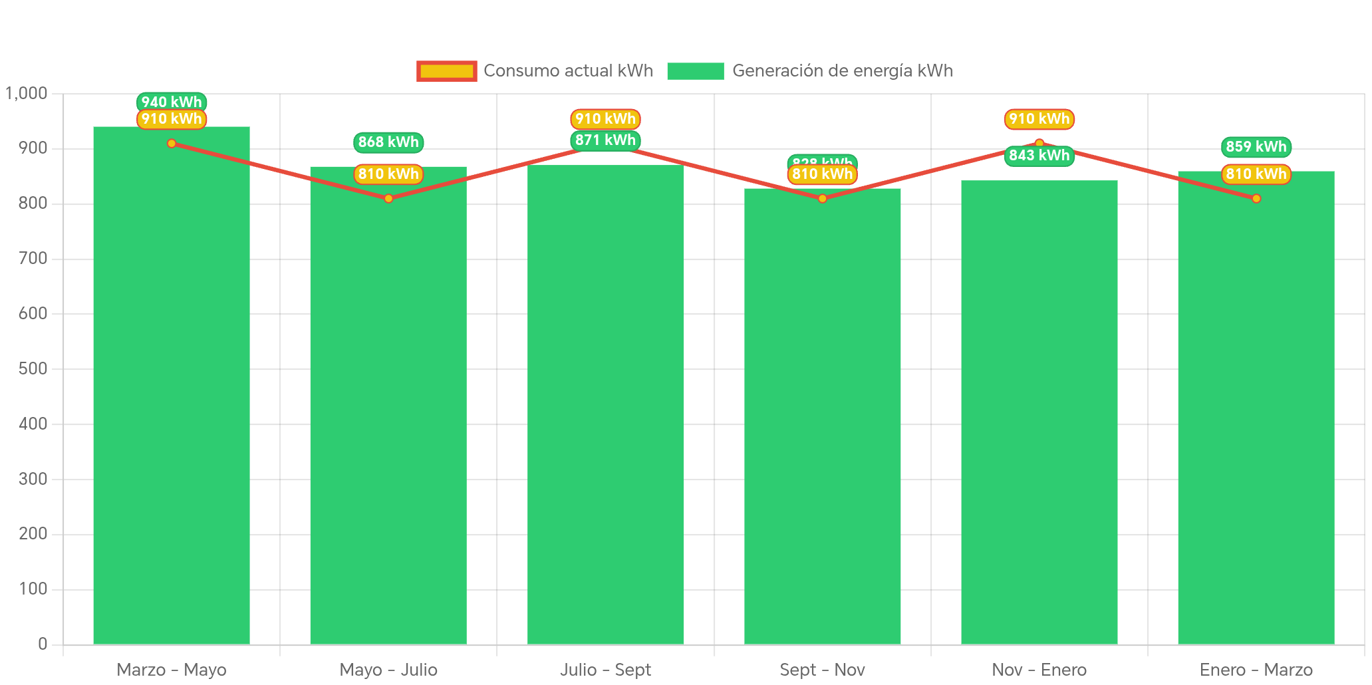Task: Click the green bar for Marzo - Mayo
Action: [x=172, y=386]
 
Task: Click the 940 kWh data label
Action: [x=172, y=101]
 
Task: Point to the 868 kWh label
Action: [x=388, y=142]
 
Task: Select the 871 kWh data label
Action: [x=605, y=140]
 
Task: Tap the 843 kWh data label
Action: [x=1039, y=156]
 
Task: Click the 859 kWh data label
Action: [x=1256, y=146]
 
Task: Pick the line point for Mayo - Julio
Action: [x=388, y=198]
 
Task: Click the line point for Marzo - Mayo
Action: [x=172, y=143]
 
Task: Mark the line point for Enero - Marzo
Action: [x=1256, y=198]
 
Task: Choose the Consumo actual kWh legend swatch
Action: [x=446, y=71]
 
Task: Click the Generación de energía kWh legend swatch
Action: [x=695, y=71]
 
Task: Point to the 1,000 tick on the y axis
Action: [x=27, y=93]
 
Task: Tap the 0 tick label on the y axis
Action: [x=43, y=644]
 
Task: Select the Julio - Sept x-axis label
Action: [x=605, y=670]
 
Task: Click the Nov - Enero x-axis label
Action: [x=1039, y=670]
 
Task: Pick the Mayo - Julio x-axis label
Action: [x=388, y=670]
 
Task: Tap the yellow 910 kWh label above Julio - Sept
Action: [x=605, y=119]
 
